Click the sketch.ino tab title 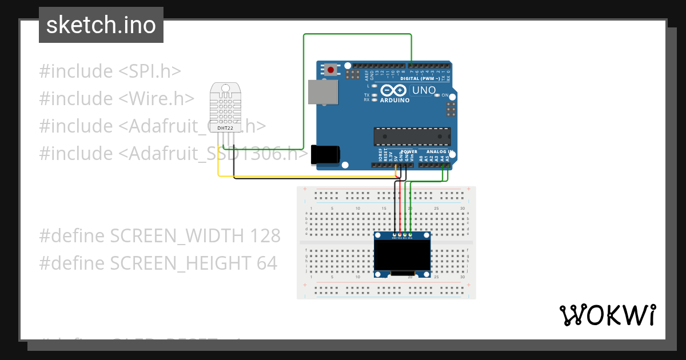pyautogui.click(x=101, y=25)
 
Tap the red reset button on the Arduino pyautogui.click(x=330, y=70)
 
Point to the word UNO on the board pyautogui.click(x=424, y=90)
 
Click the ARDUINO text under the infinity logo pyautogui.click(x=395, y=100)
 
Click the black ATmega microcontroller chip pyautogui.click(x=412, y=137)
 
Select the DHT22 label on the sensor pyautogui.click(x=226, y=129)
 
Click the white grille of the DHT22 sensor pyautogui.click(x=226, y=106)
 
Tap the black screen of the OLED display pyautogui.click(x=402, y=255)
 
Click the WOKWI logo pyautogui.click(x=607, y=315)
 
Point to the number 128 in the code pyautogui.click(x=266, y=235)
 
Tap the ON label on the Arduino pyautogui.click(x=445, y=95)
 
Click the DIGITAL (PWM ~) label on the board pyautogui.click(x=420, y=78)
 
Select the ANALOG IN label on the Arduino pyautogui.click(x=440, y=152)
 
